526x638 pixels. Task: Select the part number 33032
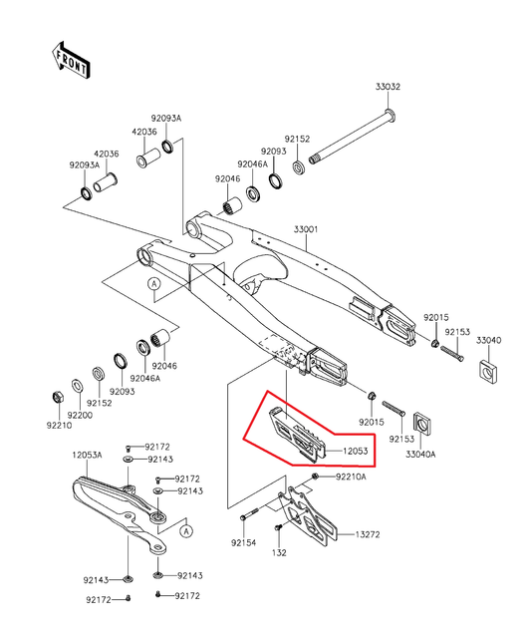pos(388,88)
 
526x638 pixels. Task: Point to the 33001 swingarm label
pos(305,230)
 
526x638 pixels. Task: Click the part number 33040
pos(488,340)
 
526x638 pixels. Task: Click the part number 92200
pos(80,414)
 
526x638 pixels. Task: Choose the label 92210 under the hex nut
pos(57,425)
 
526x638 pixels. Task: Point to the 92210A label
pos(350,478)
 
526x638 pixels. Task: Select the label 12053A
pos(87,455)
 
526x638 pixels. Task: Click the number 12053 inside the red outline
pos(357,451)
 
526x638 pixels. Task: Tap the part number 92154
pos(244,543)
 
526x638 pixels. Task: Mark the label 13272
pos(367,533)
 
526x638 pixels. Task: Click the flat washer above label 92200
pos(79,383)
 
